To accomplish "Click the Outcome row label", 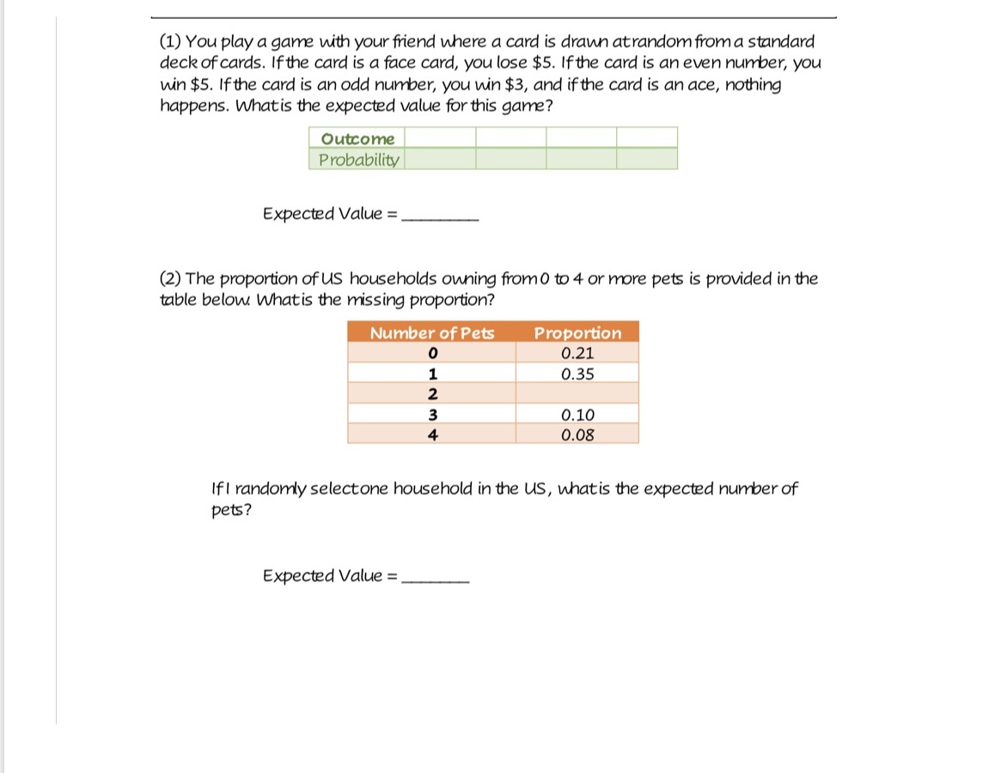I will pyautogui.click(x=357, y=138).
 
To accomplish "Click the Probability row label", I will pyautogui.click(x=358, y=160).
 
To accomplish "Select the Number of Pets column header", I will pyautogui.click(x=432, y=333).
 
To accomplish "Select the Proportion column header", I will pyautogui.click(x=577, y=333).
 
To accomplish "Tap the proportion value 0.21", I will pyautogui.click(x=577, y=353).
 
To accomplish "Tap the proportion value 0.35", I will pyautogui.click(x=577, y=374).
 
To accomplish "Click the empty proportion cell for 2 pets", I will pyautogui.click(x=577, y=394).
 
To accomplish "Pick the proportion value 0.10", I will pyautogui.click(x=577, y=415).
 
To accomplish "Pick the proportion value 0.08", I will pyautogui.click(x=577, y=435).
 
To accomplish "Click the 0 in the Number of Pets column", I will pyautogui.click(x=433, y=353).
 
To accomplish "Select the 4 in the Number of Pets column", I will pyautogui.click(x=433, y=435).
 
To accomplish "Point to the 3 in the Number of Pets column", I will pyautogui.click(x=433, y=415).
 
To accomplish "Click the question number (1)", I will pyautogui.click(x=170, y=41).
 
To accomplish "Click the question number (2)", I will pyautogui.click(x=171, y=279).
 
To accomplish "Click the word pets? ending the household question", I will pyautogui.click(x=231, y=510).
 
